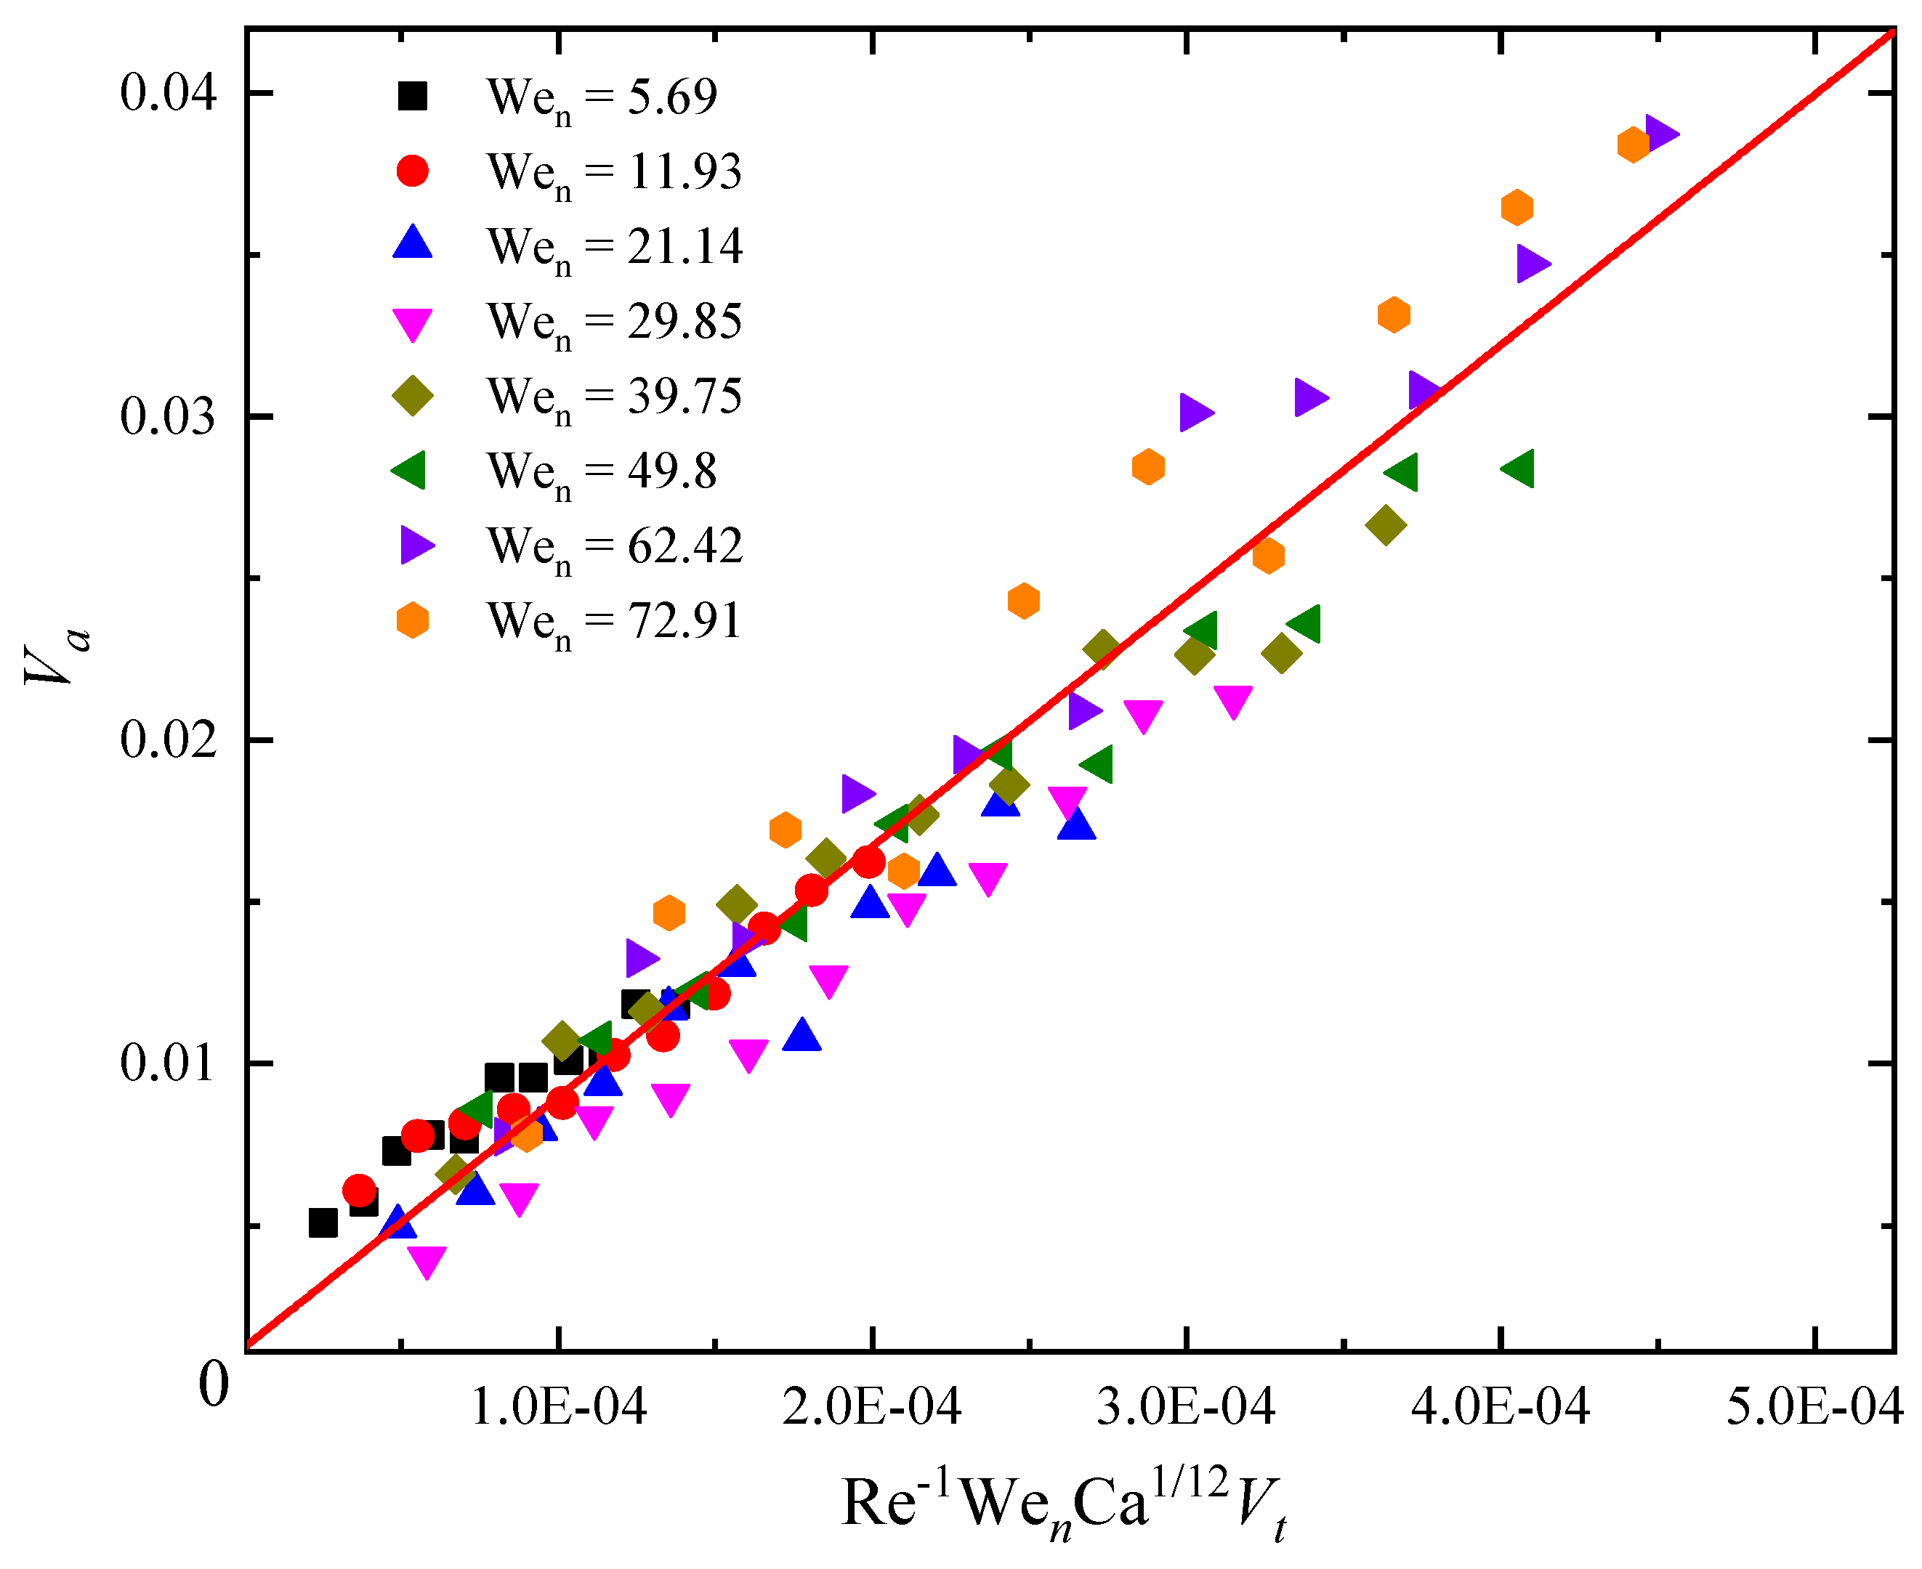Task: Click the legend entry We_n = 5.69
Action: [601, 96]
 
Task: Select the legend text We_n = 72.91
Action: [614, 622]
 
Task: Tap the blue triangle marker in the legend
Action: [412, 244]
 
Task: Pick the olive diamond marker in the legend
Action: [412, 395]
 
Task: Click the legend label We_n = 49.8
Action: [601, 471]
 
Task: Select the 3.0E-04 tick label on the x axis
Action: [1185, 1406]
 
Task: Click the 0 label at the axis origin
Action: [214, 1384]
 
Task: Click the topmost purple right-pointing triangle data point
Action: [1660, 134]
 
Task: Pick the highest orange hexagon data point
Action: [1633, 144]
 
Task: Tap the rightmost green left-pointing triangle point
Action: [1519, 469]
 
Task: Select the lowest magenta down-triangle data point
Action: [427, 1262]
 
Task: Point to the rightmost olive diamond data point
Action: [1386, 525]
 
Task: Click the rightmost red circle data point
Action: [869, 862]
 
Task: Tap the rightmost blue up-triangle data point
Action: [1077, 824]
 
